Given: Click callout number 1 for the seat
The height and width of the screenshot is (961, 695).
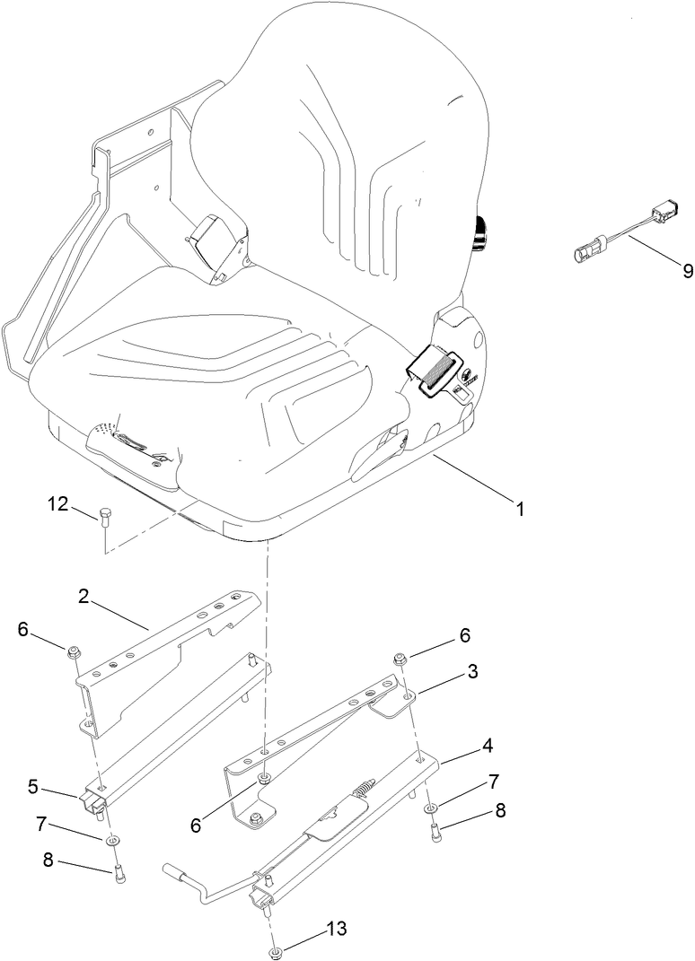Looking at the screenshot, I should pos(518,509).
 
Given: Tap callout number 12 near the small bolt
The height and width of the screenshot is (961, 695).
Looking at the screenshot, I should pos(58,505).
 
